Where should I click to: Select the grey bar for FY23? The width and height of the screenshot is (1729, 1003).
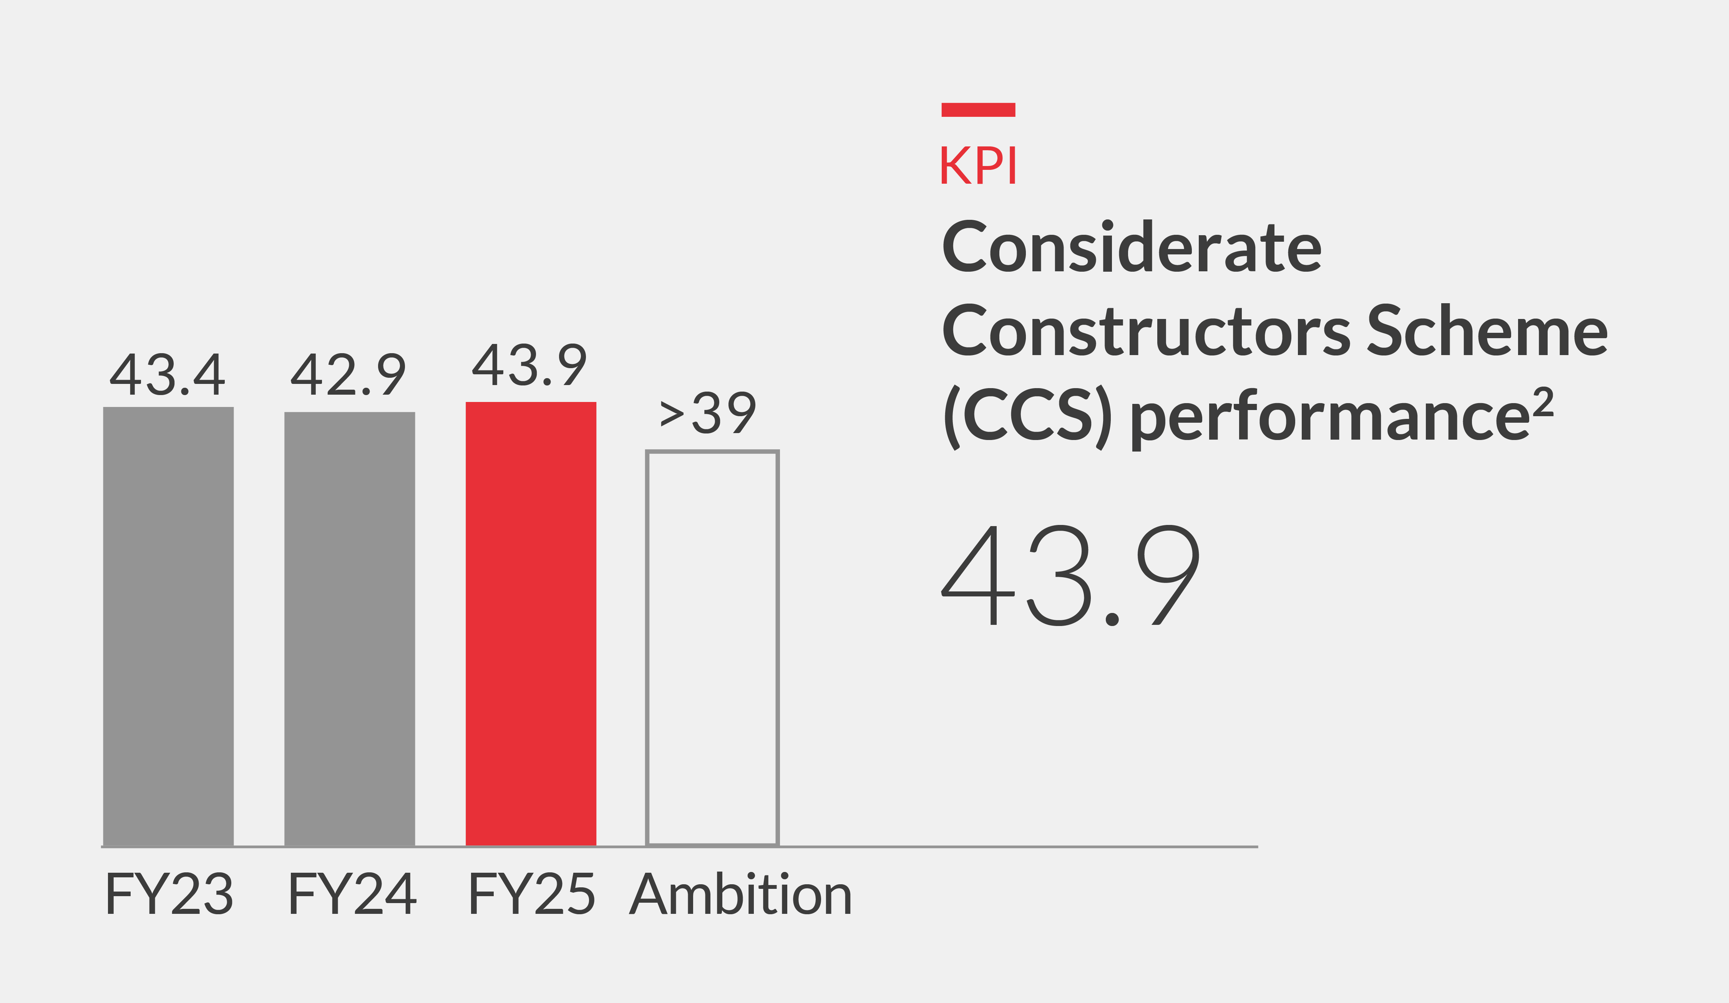[168, 626]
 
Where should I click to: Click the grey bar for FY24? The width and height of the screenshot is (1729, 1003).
[349, 628]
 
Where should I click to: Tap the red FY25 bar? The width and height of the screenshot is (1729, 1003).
[530, 623]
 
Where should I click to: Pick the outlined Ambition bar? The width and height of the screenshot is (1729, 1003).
[712, 648]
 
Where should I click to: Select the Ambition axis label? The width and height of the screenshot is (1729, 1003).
[741, 894]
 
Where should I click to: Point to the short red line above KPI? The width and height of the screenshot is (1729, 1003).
[978, 110]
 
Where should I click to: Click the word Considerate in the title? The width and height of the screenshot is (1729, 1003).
[1132, 247]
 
